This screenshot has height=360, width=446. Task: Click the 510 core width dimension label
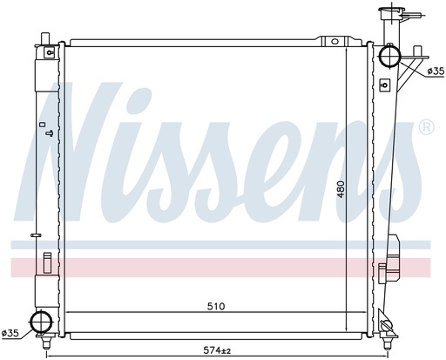[x=216, y=306]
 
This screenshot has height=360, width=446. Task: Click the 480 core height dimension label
[x=341, y=189]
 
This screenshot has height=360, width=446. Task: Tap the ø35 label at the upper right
[x=436, y=71]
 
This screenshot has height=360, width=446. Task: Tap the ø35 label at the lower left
[x=10, y=333]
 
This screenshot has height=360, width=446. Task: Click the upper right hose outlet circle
[x=389, y=56]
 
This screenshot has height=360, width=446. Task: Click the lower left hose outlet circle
[x=42, y=321]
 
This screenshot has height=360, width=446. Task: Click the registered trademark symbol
[x=426, y=127]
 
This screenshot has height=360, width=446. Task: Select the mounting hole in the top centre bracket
[x=334, y=41]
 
